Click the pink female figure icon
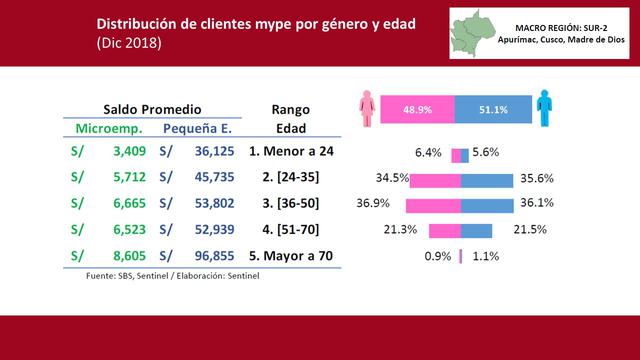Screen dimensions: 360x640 (x=368, y=109)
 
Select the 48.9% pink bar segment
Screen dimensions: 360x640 (x=417, y=109)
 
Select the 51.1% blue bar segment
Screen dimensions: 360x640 (x=493, y=109)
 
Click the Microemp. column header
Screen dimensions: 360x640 (x=110, y=128)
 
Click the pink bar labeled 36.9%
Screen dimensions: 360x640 (x=433, y=205)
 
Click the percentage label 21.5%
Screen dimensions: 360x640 (x=530, y=231)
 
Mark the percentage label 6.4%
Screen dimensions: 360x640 (x=428, y=153)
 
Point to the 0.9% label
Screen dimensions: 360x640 (x=437, y=256)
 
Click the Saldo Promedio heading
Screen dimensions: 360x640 (x=152, y=108)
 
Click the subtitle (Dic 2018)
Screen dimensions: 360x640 (x=129, y=44)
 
